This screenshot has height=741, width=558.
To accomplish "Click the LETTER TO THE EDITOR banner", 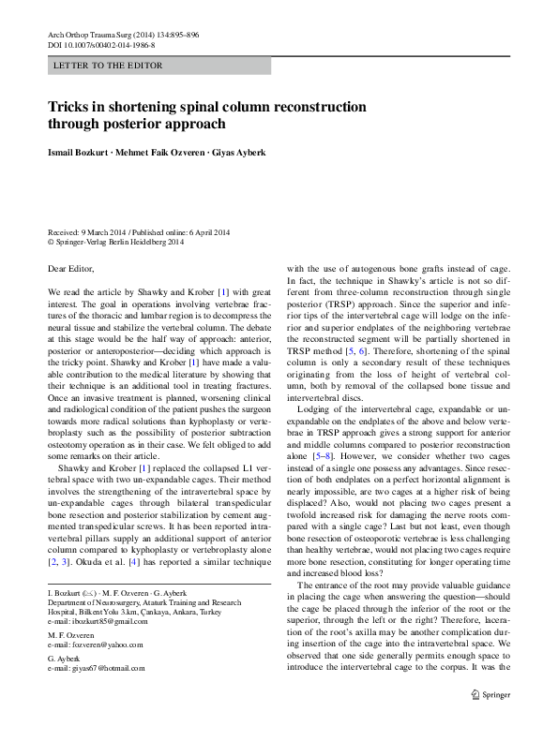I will point(109,66).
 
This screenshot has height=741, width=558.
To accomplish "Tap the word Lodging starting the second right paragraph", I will point(314,410).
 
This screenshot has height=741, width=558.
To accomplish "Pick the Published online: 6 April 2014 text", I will point(183,232).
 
